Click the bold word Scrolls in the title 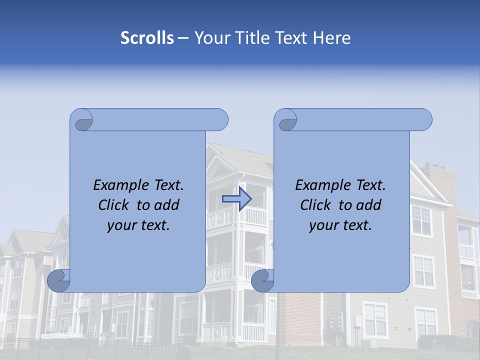pyautogui.click(x=147, y=38)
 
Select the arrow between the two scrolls pyautogui.click(x=236, y=199)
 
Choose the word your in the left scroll pyautogui.click(x=120, y=226)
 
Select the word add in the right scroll pyautogui.click(x=369, y=205)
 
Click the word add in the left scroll pyautogui.click(x=167, y=205)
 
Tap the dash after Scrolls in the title pyautogui.click(x=183, y=38)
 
